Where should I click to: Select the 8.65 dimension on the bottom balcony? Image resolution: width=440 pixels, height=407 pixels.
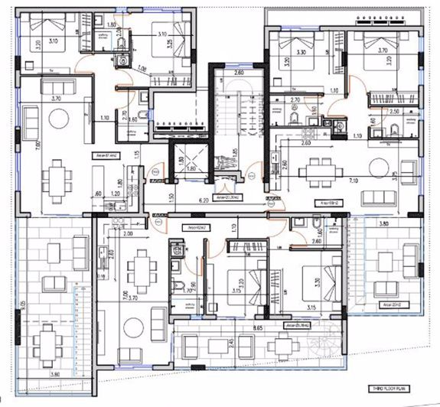tap(246, 326)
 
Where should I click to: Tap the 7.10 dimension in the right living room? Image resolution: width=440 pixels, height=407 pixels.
tap(353, 181)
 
